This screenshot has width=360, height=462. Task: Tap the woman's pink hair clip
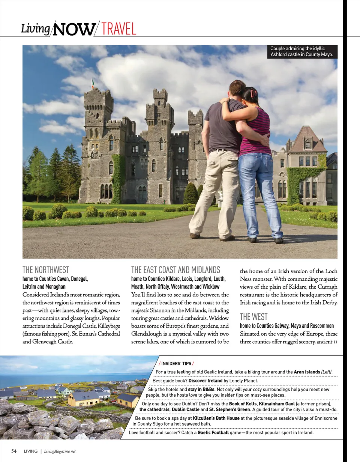pyautogui.click(x=253, y=92)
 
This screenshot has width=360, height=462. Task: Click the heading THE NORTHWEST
pyautogui.click(x=46, y=270)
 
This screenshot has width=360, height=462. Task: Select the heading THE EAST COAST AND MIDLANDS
pyautogui.click(x=175, y=270)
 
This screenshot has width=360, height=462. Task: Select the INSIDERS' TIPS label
pyautogui.click(x=176, y=363)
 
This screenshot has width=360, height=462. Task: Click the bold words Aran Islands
pyautogui.click(x=306, y=372)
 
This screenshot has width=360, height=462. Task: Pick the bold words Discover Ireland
pyautogui.click(x=205, y=381)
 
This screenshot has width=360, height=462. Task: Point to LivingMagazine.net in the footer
pyautogui.click(x=60, y=451)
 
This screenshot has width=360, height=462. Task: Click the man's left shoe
pyautogui.click(x=195, y=236)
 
